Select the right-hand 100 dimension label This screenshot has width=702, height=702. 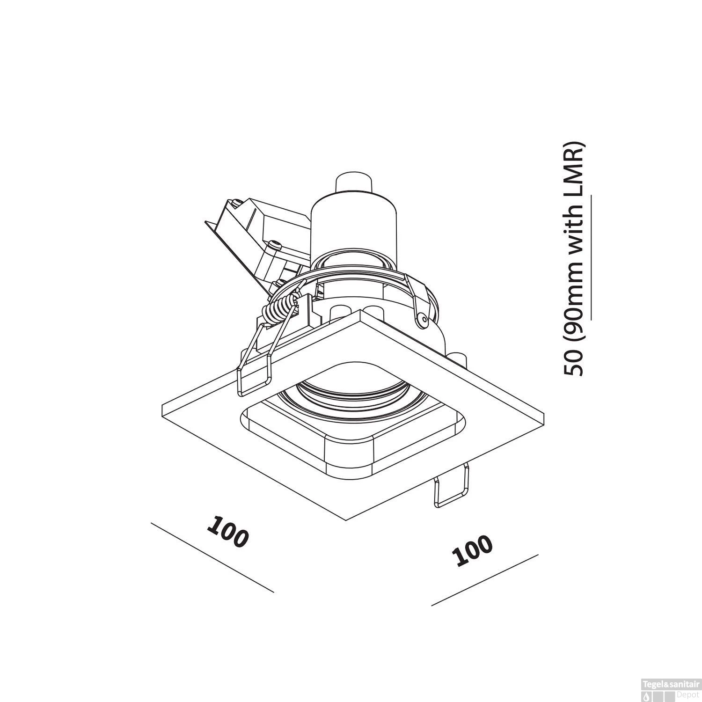pos(473,550)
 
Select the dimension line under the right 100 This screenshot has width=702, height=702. pos(484,580)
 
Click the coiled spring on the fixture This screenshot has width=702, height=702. pos(279,309)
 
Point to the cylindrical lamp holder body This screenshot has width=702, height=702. pos(354,225)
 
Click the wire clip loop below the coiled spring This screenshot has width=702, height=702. pos(255,374)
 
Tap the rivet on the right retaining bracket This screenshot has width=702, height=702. pos(423,320)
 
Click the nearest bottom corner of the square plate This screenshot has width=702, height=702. pos(345,520)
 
